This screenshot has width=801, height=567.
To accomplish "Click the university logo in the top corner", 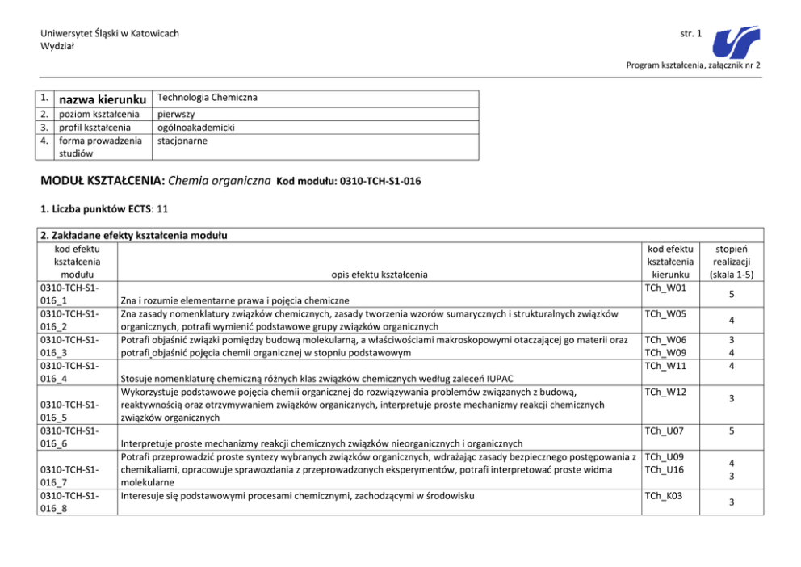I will (737, 38).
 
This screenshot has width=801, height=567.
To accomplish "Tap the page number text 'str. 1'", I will (691, 33).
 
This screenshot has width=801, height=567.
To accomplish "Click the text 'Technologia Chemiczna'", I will (208, 98).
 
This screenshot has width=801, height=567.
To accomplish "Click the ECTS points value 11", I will (162, 208).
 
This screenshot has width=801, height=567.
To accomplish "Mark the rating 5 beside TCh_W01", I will (732, 294).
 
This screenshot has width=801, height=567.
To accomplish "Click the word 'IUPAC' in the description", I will (500, 378).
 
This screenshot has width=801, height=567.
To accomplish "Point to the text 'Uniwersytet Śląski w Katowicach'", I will (110, 33).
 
